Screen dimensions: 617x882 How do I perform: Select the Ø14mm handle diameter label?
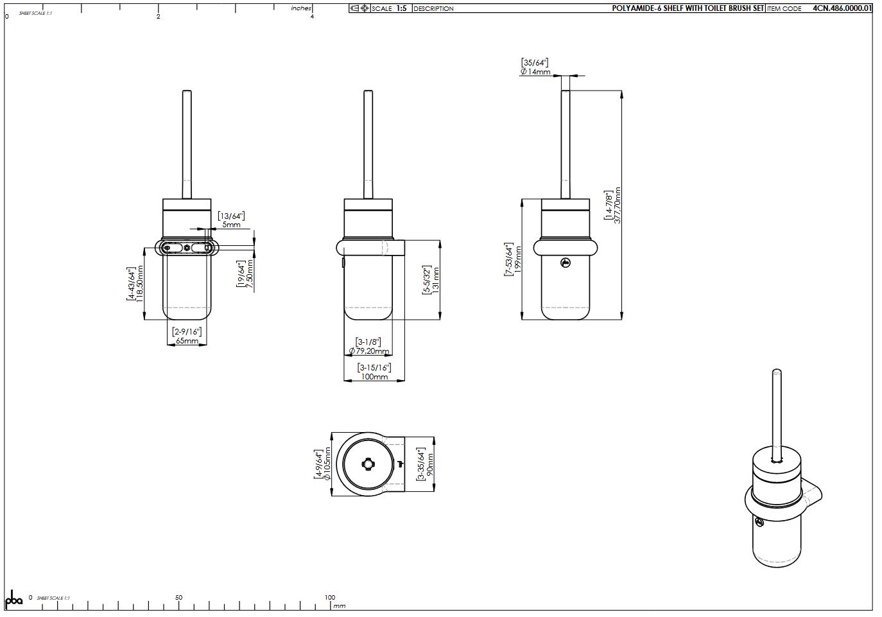click(535, 72)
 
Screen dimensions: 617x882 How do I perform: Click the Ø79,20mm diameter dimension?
click(369, 351)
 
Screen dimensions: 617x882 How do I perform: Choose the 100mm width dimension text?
click(374, 377)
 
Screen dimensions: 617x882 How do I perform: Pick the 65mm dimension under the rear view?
click(187, 341)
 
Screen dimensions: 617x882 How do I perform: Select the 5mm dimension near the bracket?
click(231, 225)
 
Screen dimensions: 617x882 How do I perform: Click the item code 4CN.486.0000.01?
click(842, 8)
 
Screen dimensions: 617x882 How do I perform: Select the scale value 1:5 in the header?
click(401, 8)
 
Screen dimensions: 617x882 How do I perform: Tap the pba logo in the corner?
click(13, 599)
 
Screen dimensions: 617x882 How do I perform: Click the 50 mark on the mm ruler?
click(178, 598)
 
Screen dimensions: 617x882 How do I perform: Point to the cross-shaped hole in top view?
click(368, 464)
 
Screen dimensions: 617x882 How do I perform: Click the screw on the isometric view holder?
click(759, 521)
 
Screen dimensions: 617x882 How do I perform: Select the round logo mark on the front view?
click(565, 263)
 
